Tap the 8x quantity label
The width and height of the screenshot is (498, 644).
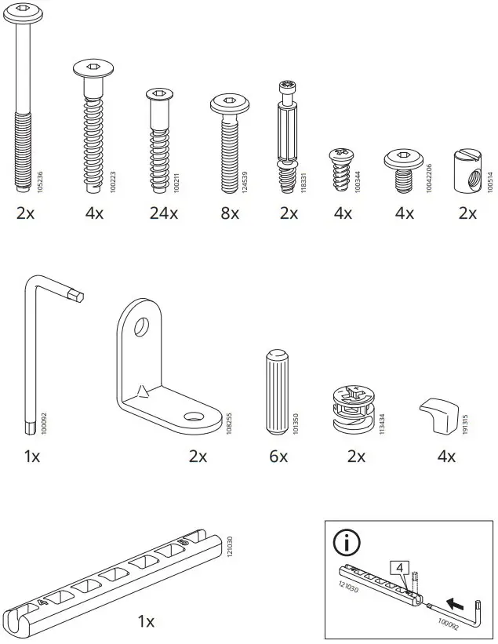(229, 213)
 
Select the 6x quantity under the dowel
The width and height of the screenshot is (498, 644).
(279, 456)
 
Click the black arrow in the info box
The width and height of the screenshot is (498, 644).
(453, 602)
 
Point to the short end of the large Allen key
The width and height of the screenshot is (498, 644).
(76, 295)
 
